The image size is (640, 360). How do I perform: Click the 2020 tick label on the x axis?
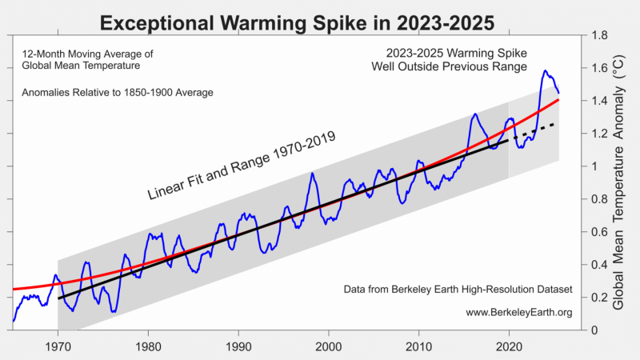point(508,346)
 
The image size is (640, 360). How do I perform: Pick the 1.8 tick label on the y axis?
point(598,35)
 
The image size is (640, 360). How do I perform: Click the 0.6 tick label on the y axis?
point(598,232)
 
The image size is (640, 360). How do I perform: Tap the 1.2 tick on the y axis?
point(598,134)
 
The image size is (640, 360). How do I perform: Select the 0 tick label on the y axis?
point(593,330)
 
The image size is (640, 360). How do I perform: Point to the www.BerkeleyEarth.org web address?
point(518,312)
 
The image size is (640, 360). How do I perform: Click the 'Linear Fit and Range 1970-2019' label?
point(240,166)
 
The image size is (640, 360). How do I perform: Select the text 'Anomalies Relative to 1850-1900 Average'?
point(118,93)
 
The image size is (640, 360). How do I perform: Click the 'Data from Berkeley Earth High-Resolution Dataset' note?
point(458,289)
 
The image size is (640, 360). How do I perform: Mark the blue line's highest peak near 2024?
point(545,70)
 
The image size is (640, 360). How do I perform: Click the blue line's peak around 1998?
point(311,173)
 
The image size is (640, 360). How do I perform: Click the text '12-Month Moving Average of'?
point(87,54)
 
